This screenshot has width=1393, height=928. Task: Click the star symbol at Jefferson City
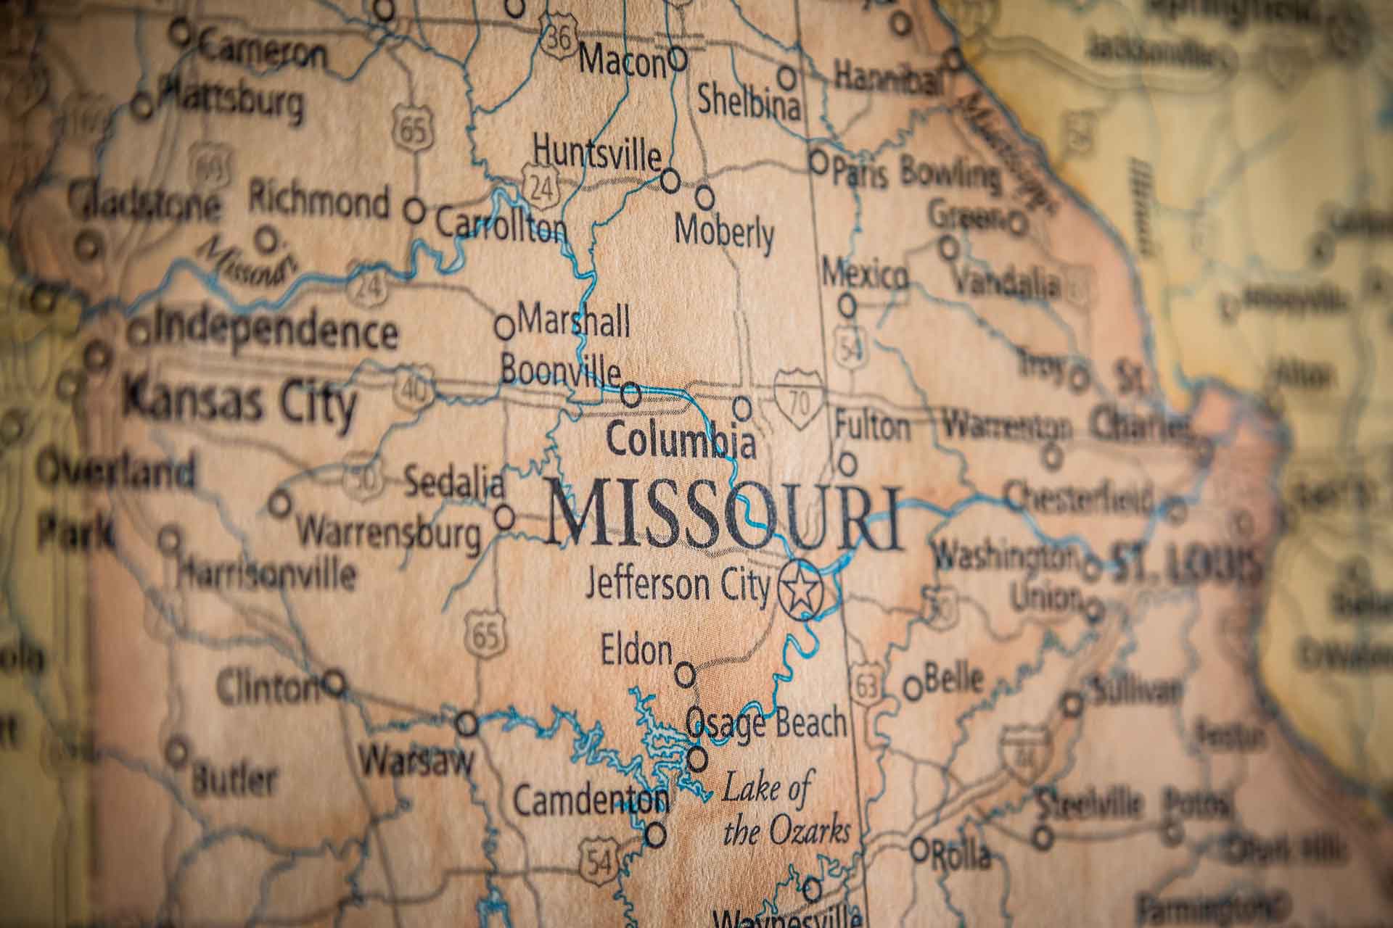point(800,589)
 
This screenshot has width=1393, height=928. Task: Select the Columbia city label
point(681,440)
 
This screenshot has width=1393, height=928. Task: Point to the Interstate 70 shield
point(799,397)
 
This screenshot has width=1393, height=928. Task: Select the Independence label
point(276,331)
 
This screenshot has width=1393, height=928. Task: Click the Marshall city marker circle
point(505,327)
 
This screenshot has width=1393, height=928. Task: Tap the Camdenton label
point(590,800)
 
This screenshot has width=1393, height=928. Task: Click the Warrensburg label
point(389,534)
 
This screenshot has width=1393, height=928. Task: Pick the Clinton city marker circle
point(334,682)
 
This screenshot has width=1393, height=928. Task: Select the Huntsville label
point(596,153)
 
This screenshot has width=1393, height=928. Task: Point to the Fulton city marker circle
point(847,463)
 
